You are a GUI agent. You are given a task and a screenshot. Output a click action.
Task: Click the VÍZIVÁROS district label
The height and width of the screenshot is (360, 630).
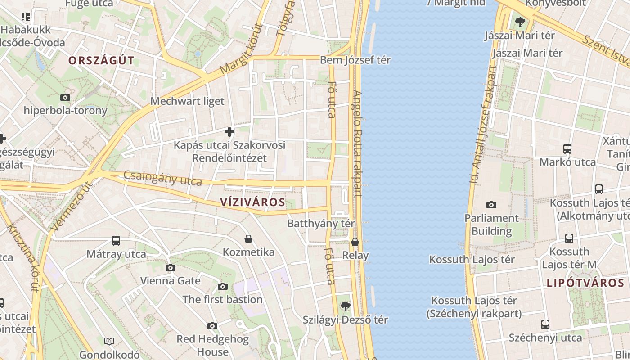tap(253, 202)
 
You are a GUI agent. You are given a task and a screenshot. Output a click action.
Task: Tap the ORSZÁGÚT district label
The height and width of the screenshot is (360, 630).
tap(101, 61)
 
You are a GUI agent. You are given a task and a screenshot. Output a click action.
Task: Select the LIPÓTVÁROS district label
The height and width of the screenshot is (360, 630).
tap(585, 283)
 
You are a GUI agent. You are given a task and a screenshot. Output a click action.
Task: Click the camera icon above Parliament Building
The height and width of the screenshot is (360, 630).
tap(491, 205)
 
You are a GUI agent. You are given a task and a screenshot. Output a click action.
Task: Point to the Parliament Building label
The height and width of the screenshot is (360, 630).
tap(491, 225)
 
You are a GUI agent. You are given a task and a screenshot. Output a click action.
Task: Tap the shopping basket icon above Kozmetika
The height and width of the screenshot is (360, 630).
tap(248, 238)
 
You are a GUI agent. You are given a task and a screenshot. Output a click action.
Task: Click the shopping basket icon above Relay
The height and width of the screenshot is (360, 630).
tap(355, 242)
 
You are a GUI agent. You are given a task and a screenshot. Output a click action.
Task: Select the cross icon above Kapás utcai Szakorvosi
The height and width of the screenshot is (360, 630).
tap(229, 132)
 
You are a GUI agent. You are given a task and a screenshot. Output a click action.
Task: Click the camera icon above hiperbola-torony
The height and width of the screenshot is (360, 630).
tap(65, 97)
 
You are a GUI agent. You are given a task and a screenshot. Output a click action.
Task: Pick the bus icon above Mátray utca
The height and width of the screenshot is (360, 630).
tap(116, 241)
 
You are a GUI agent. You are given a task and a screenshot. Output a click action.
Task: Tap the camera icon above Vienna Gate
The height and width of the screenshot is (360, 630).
tap(170, 268)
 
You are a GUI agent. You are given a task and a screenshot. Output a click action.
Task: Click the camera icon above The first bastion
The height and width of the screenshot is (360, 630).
tap(222, 287)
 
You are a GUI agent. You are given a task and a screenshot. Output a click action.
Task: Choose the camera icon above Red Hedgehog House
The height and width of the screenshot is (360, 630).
tap(212, 326)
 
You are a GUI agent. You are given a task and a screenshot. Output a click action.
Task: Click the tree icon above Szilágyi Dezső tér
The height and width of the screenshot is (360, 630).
tap(345, 306)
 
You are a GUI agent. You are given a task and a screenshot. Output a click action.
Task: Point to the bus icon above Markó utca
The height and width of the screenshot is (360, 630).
tap(567, 149)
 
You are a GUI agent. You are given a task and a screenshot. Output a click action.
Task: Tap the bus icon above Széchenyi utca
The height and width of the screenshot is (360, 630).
tap(545, 324)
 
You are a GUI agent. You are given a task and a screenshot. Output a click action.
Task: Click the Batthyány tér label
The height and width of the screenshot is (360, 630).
tap(321, 223)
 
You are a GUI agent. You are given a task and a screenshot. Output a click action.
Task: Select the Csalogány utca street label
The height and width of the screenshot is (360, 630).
tap(162, 178)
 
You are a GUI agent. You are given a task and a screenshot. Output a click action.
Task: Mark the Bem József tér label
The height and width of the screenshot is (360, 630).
tap(355, 60)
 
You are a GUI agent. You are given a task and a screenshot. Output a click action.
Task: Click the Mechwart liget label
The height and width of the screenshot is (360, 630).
tap(187, 101)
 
